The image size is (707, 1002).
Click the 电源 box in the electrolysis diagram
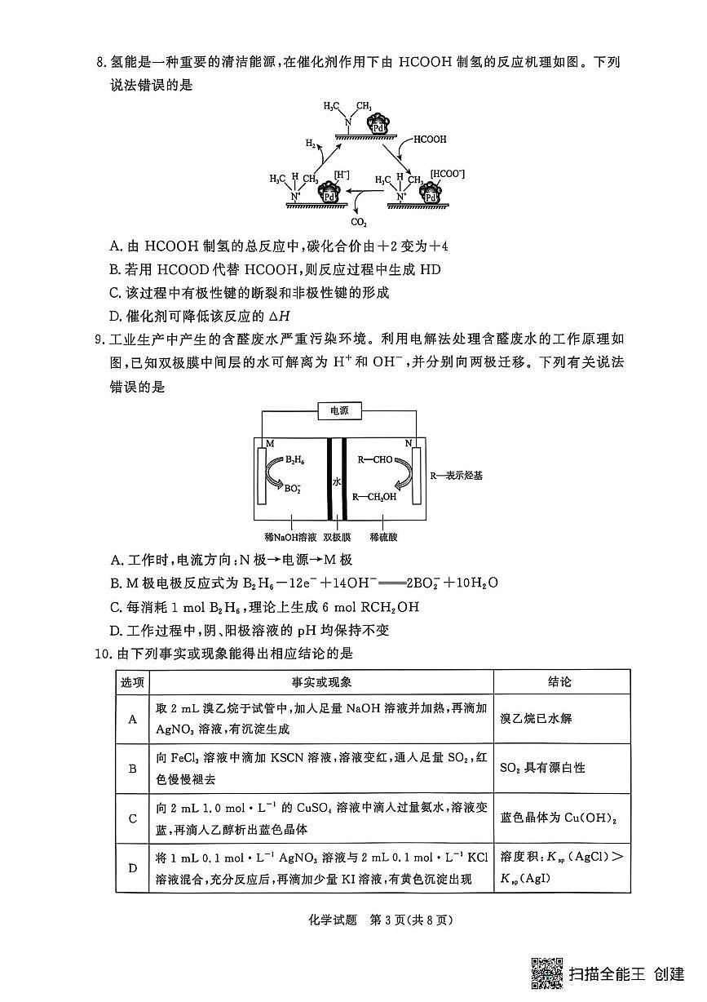[x=339, y=411]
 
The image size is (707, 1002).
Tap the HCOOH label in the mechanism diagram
[x=430, y=140]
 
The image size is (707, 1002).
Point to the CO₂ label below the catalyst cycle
[x=359, y=222]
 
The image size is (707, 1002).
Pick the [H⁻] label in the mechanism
[x=342, y=175]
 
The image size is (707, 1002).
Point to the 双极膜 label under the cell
[x=337, y=538]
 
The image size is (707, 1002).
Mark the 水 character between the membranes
[x=336, y=481]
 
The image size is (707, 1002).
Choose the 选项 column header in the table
[x=132, y=682]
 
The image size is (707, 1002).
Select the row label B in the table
[x=132, y=768]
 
